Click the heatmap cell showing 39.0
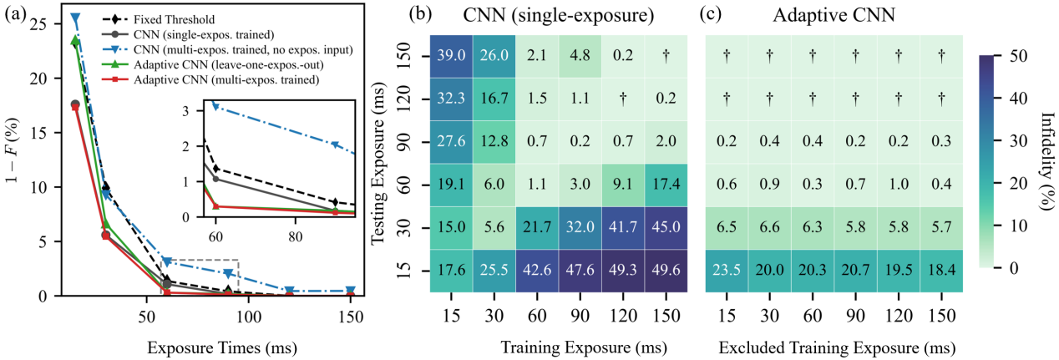[451, 56]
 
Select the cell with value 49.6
[666, 271]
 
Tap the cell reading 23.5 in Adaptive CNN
[727, 271]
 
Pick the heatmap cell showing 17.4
[666, 185]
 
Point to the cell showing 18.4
[941, 271]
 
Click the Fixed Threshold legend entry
[159, 19]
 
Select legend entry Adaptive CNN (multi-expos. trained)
[210, 79]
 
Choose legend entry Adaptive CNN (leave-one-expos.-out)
[213, 64]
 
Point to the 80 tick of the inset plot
[296, 236]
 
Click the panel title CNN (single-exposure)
[559, 15]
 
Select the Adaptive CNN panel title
[834, 15]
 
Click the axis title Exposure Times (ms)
[222, 348]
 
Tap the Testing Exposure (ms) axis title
[378, 164]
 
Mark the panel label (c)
[711, 14]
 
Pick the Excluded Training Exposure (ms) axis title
[837, 348]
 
